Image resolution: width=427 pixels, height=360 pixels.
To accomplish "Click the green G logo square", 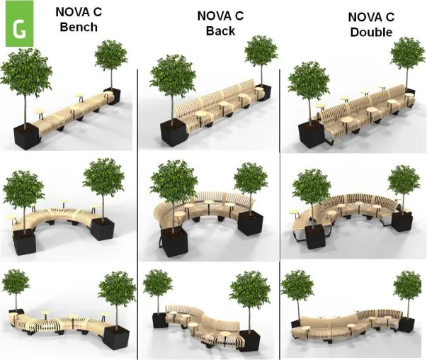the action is (19, 23).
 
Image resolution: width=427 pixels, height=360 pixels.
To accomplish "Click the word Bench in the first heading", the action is (79, 27).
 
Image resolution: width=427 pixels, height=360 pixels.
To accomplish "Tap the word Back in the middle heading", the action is (220, 30).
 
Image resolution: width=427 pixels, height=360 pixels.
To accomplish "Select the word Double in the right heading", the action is (371, 32).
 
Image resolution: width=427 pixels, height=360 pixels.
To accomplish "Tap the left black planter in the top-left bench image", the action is (27, 136).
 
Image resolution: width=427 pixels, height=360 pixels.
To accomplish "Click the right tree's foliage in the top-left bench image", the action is (111, 55).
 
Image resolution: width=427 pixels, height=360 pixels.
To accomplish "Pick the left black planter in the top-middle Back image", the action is (173, 133).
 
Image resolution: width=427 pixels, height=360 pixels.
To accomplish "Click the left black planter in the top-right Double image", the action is (312, 134).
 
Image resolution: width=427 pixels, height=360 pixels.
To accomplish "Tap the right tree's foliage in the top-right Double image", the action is (407, 53).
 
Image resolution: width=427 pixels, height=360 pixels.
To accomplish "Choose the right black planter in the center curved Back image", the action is (250, 223).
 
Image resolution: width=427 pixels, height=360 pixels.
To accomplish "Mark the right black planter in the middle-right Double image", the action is (402, 221).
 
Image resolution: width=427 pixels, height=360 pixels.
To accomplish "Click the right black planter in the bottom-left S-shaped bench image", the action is (117, 338).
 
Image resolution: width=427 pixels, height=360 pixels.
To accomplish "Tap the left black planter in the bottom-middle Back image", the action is (159, 320).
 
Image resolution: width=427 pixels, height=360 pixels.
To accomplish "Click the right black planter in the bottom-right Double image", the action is (406, 325).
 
